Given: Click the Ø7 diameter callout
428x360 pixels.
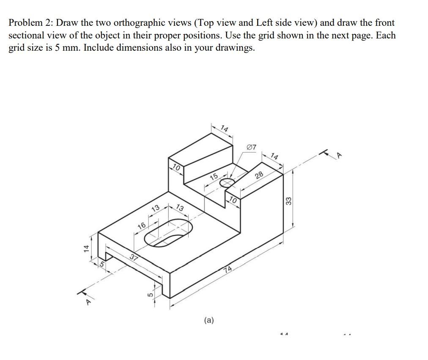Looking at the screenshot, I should click(251, 147).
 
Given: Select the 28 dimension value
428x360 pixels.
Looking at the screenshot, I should click(259, 175).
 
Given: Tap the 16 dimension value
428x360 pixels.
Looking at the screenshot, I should click(141, 225).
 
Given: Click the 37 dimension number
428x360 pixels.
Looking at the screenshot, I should click(134, 258).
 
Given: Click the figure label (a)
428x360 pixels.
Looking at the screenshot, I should click(209, 320).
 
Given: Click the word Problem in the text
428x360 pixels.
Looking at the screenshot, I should click(25, 23).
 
